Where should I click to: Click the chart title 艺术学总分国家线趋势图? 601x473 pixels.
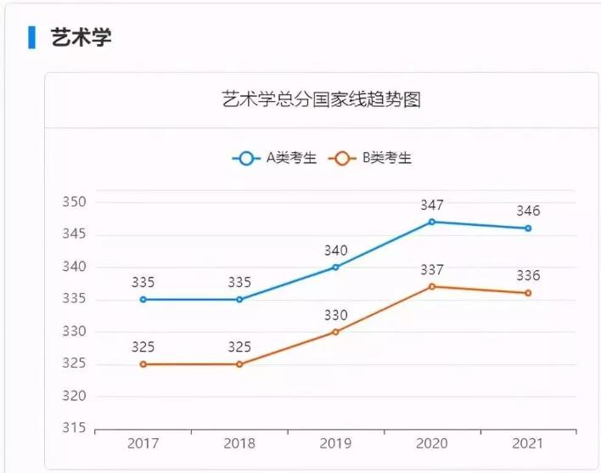coord(321,99)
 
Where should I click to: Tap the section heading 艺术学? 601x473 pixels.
coord(81,37)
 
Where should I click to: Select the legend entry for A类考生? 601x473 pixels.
coord(275,158)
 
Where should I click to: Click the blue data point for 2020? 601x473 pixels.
coord(432,222)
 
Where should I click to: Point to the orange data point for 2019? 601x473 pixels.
coord(335,331)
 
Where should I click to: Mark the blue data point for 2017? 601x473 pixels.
coord(143,299)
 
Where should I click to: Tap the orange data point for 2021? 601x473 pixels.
coord(528,293)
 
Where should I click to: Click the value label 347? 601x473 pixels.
coord(432,205)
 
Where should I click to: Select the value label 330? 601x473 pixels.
coord(335,315)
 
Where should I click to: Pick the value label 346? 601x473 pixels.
coord(528,211)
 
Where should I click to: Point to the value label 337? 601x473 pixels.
coord(432,270)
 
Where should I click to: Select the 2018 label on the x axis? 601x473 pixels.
coord(239,443)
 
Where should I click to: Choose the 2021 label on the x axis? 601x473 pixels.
coord(528,443)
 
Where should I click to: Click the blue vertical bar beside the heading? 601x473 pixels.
coord(32,37)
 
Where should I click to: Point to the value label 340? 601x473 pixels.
coord(335,251)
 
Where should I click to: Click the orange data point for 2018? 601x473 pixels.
coord(239,363)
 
